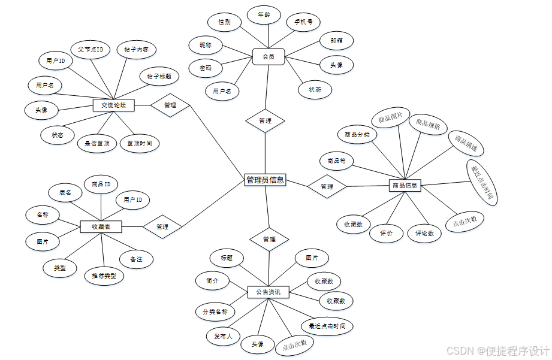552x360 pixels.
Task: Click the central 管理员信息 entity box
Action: [x=265, y=180]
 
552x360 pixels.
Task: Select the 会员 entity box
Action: [x=268, y=57]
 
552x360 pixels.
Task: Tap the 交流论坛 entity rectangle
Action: [x=113, y=105]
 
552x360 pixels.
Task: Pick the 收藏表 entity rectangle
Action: [x=101, y=226]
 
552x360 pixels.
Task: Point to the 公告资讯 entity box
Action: [x=268, y=292]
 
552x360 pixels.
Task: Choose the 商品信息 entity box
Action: [x=405, y=186]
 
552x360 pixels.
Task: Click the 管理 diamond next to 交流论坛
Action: [x=170, y=105]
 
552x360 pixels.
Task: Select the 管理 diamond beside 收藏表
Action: [x=162, y=226]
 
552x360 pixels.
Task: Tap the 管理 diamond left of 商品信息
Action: [x=327, y=186]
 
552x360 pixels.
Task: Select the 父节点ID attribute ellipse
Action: [x=90, y=49]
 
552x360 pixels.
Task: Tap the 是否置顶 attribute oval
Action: [x=97, y=143]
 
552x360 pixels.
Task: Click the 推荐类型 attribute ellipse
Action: [x=104, y=276]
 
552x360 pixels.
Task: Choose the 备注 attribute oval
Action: [x=136, y=259]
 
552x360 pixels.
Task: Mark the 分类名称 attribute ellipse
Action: [x=215, y=311]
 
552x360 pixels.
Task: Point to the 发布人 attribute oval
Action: [x=224, y=336]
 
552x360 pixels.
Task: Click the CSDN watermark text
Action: [x=498, y=350]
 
